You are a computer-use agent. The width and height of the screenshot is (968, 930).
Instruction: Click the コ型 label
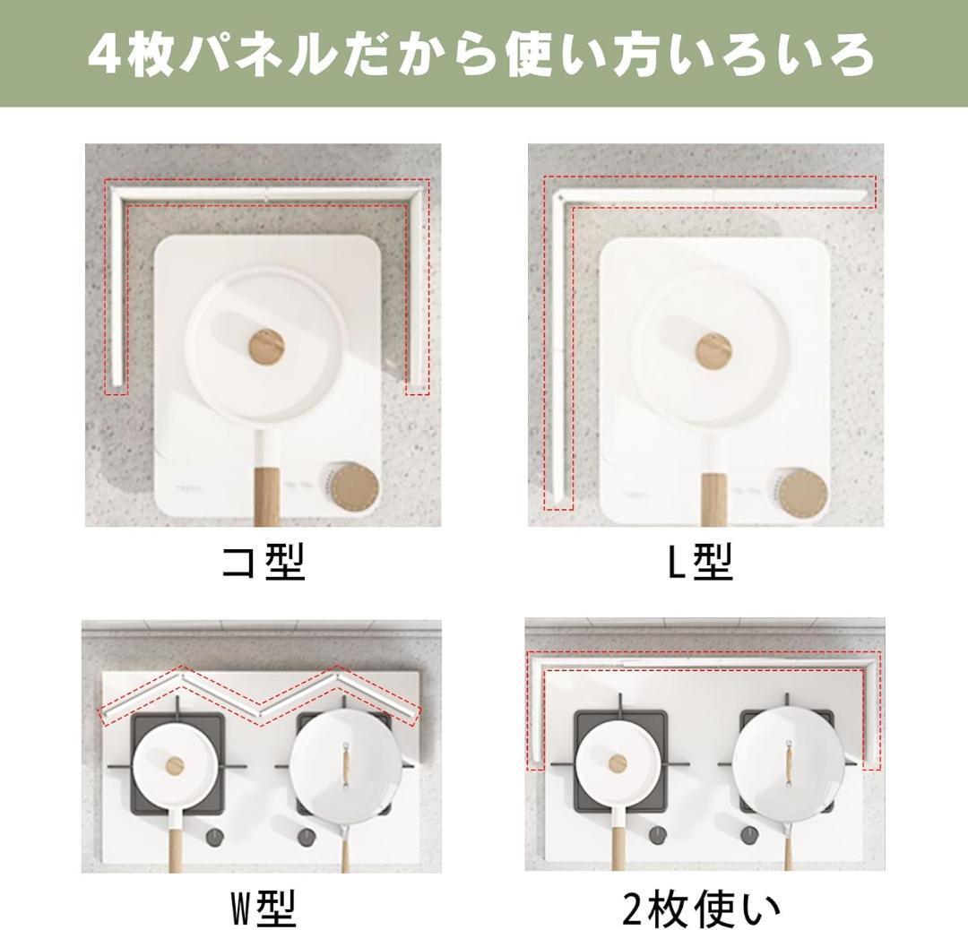[x=264, y=562]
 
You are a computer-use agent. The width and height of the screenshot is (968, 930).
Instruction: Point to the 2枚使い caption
[x=702, y=908]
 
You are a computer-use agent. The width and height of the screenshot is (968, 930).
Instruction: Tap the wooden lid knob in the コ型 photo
[x=264, y=346]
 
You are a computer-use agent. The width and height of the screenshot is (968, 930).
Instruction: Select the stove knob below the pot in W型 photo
[x=215, y=837]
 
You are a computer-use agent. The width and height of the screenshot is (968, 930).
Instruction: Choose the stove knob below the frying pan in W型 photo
[x=307, y=837]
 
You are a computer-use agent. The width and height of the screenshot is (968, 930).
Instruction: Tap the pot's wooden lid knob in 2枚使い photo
[x=618, y=763]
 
